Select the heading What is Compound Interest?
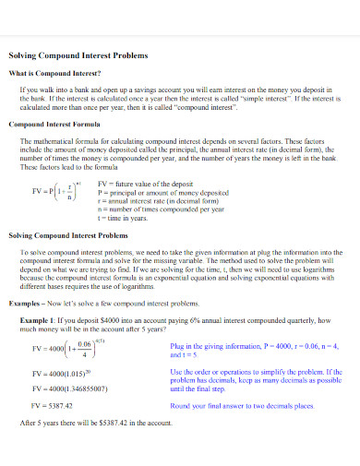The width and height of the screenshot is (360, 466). point(54,72)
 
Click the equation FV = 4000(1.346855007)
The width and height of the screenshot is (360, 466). point(69,388)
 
